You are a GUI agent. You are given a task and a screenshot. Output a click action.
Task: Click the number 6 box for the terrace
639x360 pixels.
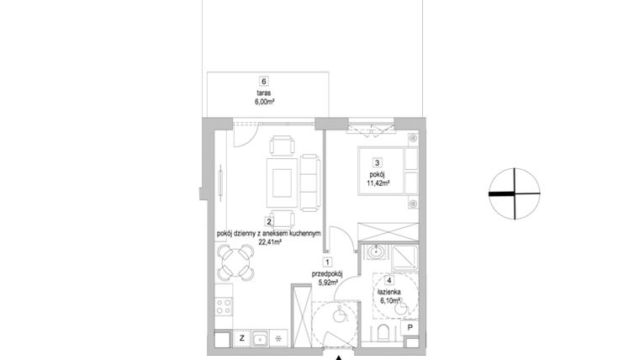264,81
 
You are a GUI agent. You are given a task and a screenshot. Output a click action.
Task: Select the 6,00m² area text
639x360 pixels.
264,101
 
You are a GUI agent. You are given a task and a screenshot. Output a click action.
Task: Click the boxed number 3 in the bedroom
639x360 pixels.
379,164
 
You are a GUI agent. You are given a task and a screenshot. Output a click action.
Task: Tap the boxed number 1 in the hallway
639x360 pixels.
327,262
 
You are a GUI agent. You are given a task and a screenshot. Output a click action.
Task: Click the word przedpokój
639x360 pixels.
328,273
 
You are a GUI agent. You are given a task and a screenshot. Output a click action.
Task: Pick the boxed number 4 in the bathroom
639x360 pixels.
390,281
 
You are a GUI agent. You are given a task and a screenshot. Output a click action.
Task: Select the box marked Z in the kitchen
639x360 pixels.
241,339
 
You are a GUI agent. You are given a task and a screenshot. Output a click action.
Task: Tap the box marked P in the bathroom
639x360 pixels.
409,331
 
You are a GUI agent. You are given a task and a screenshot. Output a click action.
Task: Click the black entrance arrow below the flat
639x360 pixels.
339,357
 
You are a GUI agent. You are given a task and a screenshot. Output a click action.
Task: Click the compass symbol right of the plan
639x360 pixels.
513,193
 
